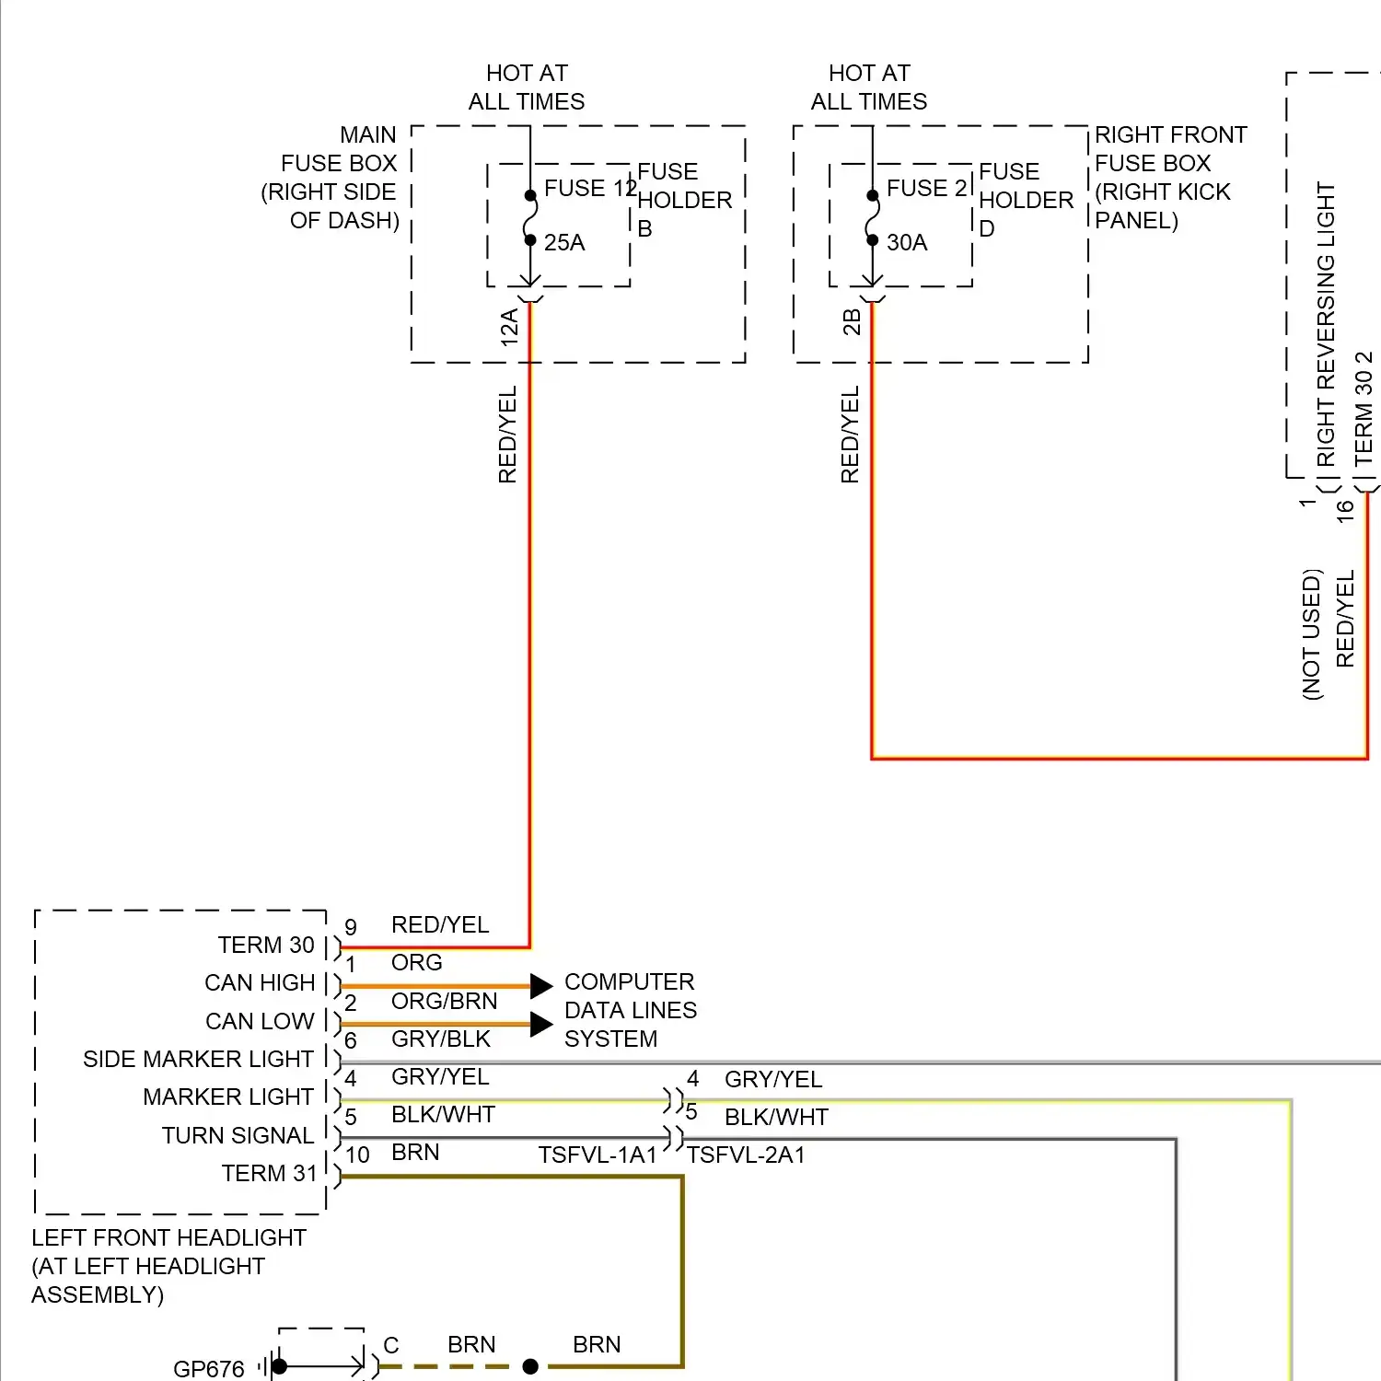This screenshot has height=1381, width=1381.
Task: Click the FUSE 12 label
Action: click(x=589, y=188)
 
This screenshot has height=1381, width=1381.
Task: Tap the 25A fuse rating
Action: click(x=564, y=242)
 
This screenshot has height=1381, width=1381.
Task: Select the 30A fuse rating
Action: click(x=907, y=242)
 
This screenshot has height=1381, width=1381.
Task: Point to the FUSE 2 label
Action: click(x=926, y=188)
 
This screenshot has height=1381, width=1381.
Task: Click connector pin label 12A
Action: click(x=509, y=328)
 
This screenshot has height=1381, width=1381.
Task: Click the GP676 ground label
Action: click(x=209, y=1369)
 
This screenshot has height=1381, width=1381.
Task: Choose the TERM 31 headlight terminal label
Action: click(x=269, y=1173)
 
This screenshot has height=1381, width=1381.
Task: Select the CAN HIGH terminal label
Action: click(x=260, y=982)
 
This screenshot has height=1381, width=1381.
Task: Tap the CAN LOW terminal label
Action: click(x=260, y=1021)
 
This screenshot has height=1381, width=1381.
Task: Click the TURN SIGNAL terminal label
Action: click(x=238, y=1135)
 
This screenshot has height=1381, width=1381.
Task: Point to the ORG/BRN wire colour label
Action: click(x=444, y=1001)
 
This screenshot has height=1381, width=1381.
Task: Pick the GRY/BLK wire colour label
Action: click(x=441, y=1039)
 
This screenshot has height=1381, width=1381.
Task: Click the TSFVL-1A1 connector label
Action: click(x=598, y=1155)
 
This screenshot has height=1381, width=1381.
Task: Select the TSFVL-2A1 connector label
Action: click(x=746, y=1155)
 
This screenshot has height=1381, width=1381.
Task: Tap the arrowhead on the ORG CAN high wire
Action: click(x=541, y=986)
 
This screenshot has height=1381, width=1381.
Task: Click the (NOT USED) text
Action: click(x=1312, y=634)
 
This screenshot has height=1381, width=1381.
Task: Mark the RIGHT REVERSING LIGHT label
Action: click(x=1325, y=324)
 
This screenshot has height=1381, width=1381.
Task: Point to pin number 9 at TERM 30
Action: click(x=351, y=927)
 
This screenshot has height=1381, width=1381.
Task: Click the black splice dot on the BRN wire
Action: click(x=530, y=1366)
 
